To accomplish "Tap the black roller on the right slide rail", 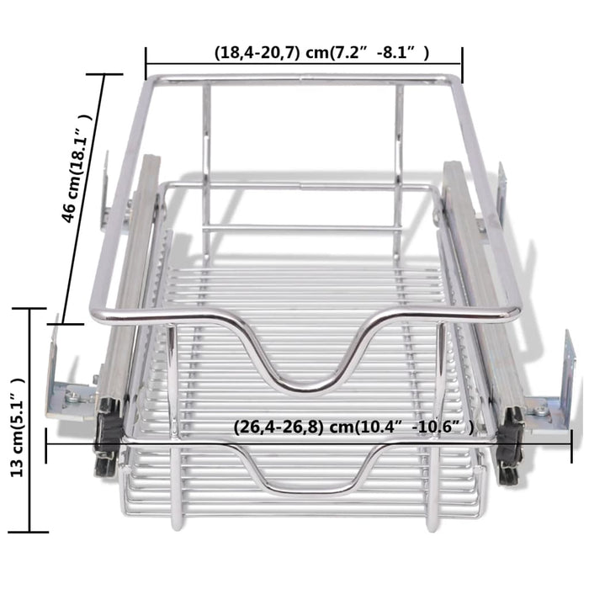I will [x=508, y=446].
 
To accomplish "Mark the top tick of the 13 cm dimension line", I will [x=31, y=309].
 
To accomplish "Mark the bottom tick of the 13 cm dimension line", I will [x=31, y=531].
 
